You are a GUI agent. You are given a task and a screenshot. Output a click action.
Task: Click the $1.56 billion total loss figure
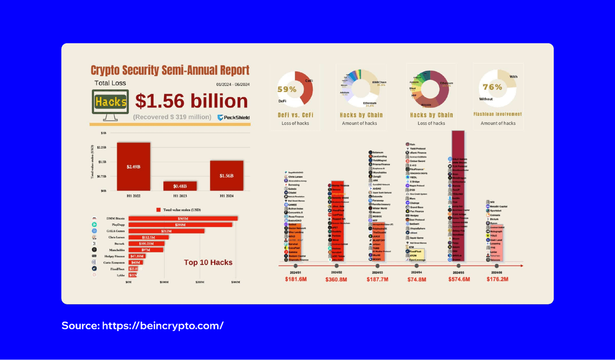pyautogui.click(x=191, y=100)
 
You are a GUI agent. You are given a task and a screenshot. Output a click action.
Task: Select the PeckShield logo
pyautogui.click(x=234, y=118)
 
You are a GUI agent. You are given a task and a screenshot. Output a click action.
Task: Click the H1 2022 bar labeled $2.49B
pyautogui.click(x=133, y=166)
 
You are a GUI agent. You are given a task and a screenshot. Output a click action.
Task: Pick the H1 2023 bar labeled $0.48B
pyautogui.click(x=180, y=185)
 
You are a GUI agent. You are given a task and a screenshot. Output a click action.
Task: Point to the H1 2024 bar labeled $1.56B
pyautogui.click(x=227, y=175)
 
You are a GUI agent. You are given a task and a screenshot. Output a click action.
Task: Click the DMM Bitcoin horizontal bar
pyautogui.click(x=182, y=219)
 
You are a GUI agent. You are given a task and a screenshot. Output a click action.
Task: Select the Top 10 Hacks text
pyautogui.click(x=208, y=262)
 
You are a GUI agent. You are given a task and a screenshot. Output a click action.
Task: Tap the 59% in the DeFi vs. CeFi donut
pyautogui.click(x=287, y=89)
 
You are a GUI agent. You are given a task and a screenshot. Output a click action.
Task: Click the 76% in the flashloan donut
pyautogui.click(x=492, y=87)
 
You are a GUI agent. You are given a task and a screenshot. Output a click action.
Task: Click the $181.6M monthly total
pyautogui.click(x=296, y=279)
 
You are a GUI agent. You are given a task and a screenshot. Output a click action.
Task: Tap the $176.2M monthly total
pyautogui.click(x=496, y=279)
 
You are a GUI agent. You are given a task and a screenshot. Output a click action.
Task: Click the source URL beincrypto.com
pyautogui.click(x=142, y=326)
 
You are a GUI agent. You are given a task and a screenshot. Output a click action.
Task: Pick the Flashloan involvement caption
pyautogui.click(x=498, y=115)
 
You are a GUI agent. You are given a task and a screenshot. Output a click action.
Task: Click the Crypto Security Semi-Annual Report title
pyautogui.click(x=170, y=70)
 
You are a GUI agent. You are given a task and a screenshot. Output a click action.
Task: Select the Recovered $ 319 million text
pyautogui.click(x=172, y=117)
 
